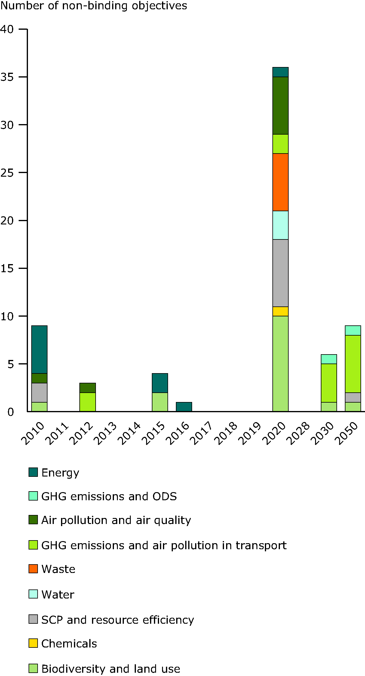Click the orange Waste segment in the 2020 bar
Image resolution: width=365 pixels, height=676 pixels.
coord(280,182)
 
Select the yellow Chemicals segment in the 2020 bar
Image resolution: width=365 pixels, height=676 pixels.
coord(280,311)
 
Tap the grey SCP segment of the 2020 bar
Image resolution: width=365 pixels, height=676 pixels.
coord(280,273)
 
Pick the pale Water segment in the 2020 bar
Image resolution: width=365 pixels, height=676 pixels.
coord(280,225)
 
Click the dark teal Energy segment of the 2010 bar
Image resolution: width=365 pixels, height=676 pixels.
coord(39,349)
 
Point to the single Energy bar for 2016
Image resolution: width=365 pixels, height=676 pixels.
coord(184,407)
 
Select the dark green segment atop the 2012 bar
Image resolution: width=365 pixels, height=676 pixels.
coord(87,388)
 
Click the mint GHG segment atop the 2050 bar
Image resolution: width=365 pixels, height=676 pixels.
coord(353,330)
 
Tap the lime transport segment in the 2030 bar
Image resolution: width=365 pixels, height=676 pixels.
coord(329,383)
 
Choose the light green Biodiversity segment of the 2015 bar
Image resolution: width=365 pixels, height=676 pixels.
coord(160,402)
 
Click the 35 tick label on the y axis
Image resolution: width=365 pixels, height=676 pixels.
coord(7,77)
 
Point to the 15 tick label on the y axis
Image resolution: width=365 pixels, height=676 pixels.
coord(7,269)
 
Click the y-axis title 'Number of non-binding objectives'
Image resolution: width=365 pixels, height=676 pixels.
coord(94,6)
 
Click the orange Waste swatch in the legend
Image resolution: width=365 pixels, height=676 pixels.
coord(33,569)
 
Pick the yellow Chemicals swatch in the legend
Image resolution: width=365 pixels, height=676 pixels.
coord(33,643)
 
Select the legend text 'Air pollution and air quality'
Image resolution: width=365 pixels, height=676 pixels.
coord(116,520)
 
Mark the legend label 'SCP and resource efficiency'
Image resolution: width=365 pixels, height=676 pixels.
coord(118,620)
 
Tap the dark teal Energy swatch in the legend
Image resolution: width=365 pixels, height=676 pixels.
coord(33,472)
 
